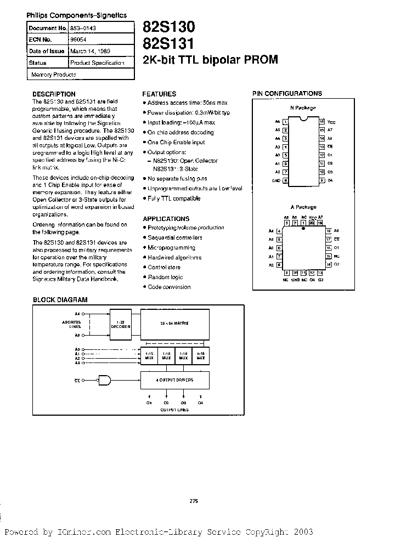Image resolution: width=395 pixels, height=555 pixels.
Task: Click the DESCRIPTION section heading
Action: point(54,94)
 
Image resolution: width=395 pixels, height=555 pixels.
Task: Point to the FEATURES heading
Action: point(159,94)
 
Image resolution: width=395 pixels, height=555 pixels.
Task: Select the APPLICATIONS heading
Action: point(166,218)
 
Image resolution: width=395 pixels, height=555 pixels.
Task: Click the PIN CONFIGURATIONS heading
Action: point(287,94)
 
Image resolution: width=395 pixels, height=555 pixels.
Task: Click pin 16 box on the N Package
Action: point(322,121)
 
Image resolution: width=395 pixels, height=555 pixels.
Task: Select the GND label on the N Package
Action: point(276,180)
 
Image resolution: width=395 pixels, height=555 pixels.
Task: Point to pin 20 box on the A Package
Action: point(312,224)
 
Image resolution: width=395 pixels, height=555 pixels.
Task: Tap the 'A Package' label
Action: point(303,207)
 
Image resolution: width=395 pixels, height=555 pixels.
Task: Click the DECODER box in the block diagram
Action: point(120,324)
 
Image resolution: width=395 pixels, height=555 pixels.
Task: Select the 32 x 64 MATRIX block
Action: point(175,324)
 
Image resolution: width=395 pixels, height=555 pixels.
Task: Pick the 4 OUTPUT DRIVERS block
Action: point(175,379)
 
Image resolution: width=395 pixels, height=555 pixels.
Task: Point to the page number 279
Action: point(193,501)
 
